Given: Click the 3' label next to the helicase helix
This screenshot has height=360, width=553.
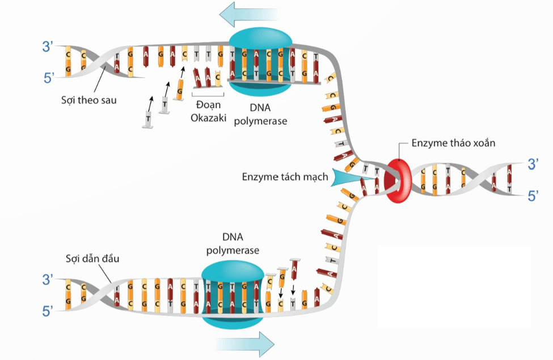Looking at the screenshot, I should pyautogui.click(x=533, y=164).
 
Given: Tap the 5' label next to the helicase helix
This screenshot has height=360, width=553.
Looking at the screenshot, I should pyautogui.click(x=533, y=196).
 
